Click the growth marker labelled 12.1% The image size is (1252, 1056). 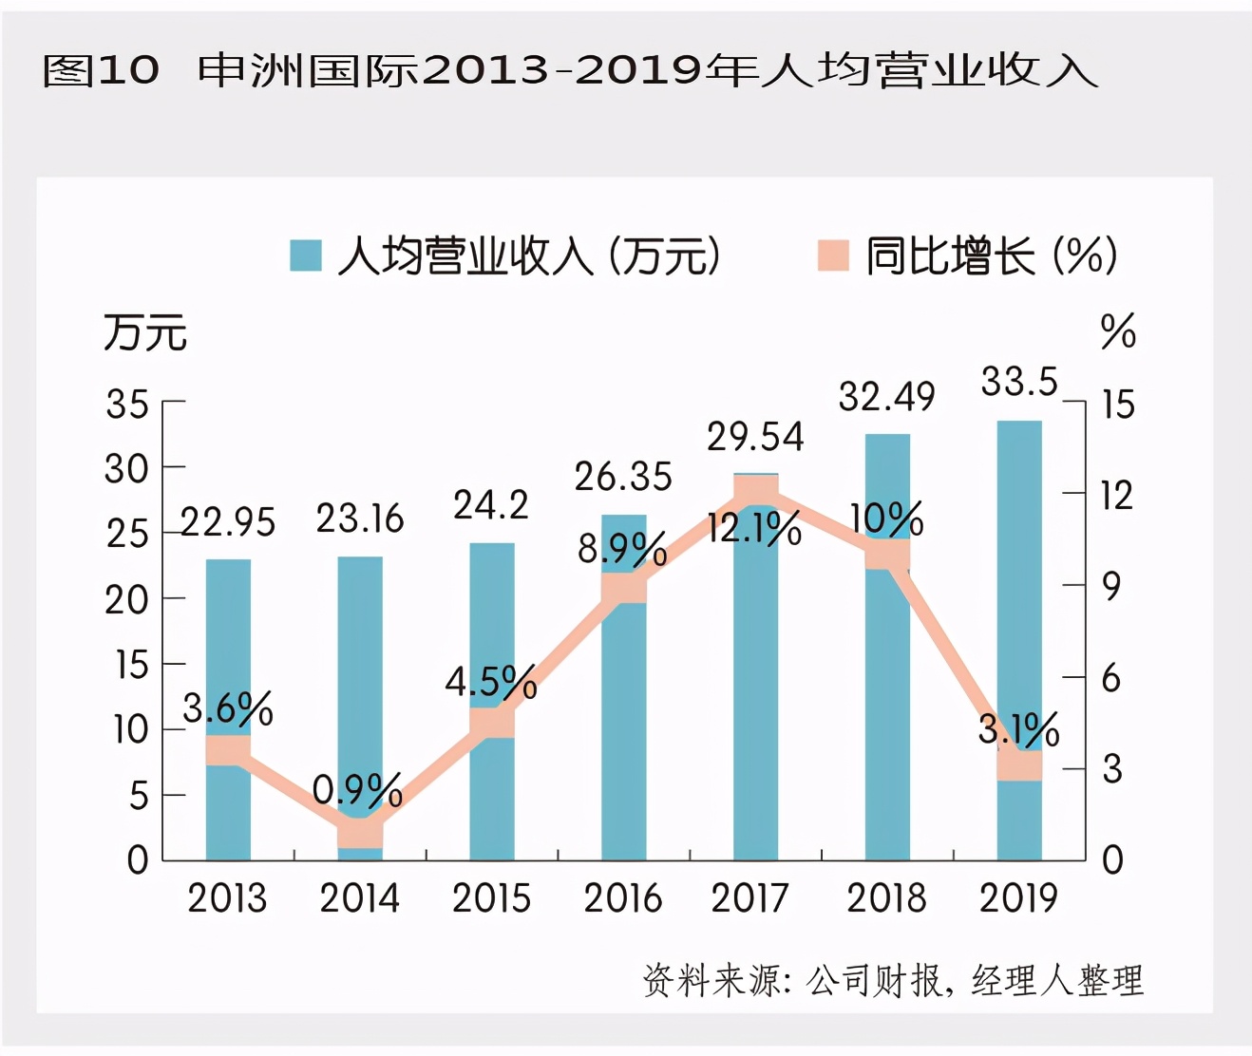point(756,491)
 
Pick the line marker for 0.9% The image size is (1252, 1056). point(360,833)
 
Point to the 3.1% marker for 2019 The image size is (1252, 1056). point(1019,765)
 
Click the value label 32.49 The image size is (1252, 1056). point(886,396)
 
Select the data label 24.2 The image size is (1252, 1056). point(490,504)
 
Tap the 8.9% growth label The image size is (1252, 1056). point(622,549)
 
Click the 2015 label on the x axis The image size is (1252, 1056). point(491,898)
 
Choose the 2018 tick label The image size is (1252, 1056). point(886,898)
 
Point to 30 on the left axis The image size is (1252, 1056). point(126,469)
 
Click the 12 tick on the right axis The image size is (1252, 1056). point(1116,495)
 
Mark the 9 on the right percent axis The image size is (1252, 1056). point(1111,586)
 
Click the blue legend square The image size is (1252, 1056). point(306,255)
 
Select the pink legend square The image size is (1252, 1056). point(833,255)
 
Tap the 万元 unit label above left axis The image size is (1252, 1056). point(145,332)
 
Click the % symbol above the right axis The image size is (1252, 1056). point(1118,331)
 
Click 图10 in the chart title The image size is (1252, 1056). point(101,70)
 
